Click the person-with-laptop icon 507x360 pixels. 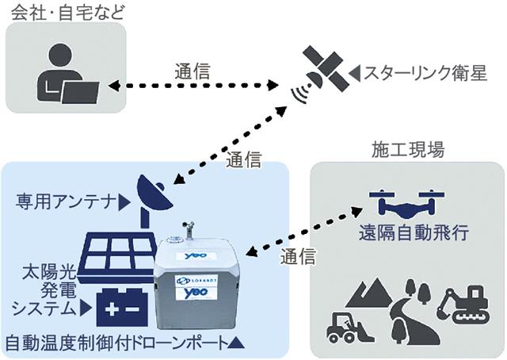point(67,75)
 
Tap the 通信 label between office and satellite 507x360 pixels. point(193,71)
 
